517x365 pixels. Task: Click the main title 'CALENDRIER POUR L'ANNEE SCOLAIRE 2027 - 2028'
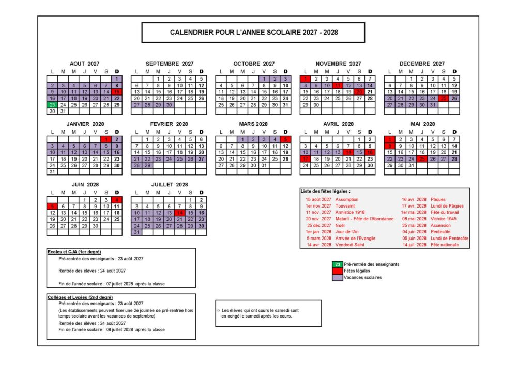(x=253, y=32)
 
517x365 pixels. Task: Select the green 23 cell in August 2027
(x=52, y=105)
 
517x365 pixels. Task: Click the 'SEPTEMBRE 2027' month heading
(x=169, y=64)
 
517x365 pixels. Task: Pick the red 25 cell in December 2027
(x=444, y=98)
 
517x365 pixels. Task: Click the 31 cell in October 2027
(x=285, y=105)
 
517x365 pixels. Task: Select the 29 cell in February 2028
(x=147, y=165)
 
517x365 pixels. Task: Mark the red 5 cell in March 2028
(x=285, y=139)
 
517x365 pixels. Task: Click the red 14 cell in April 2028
(x=348, y=152)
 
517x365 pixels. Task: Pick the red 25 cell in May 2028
(x=422, y=159)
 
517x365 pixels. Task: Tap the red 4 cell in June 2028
(x=117, y=200)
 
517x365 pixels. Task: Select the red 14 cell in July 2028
(x=179, y=213)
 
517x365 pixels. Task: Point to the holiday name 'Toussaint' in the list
(x=345, y=205)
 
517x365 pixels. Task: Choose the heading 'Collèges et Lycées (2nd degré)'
(x=80, y=297)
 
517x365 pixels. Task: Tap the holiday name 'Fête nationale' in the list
(x=445, y=245)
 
